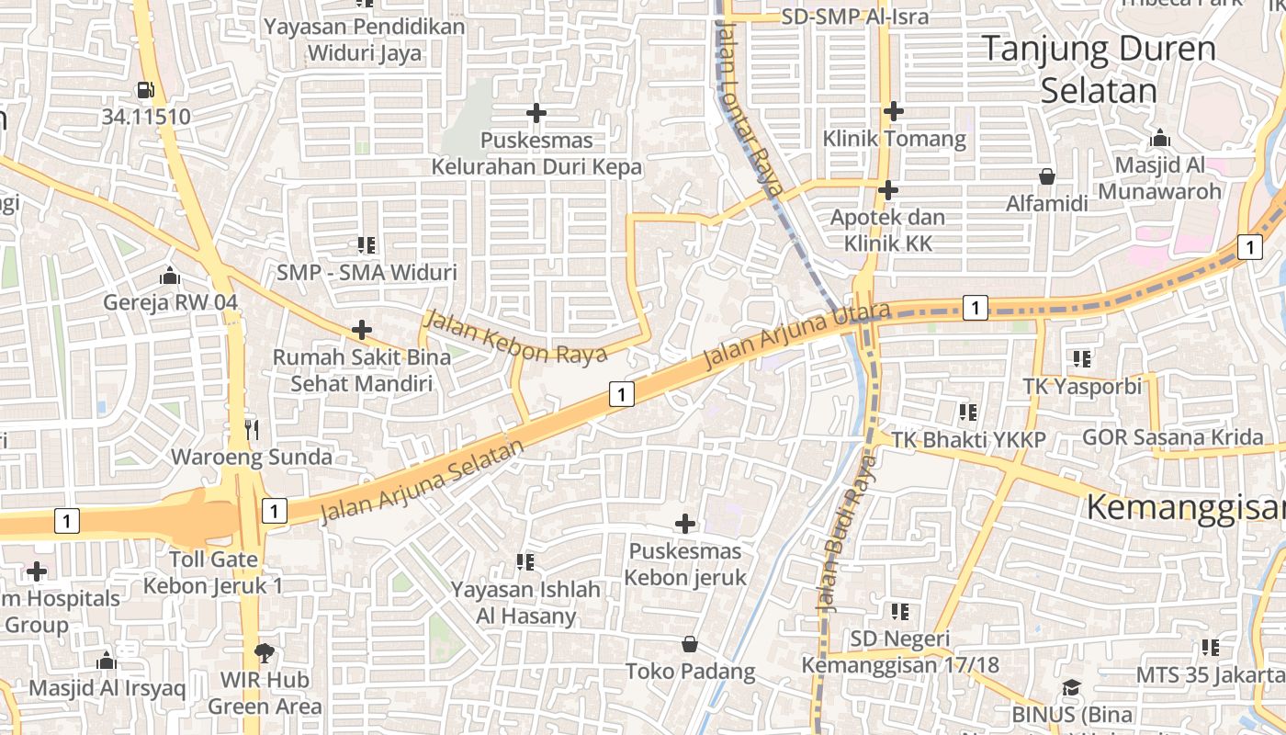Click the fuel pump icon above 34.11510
pos(145,90)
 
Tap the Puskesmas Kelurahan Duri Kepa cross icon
pos(536,114)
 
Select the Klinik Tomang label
pos(894,139)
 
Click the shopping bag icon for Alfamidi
pos(1046,176)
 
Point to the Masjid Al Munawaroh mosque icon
pos(1160,138)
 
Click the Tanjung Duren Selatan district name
pos(1099,69)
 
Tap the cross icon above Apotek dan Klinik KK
pos(887,190)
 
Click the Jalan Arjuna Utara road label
pos(796,335)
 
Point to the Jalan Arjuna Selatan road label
pos(423,481)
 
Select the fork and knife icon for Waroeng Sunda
pos(252,429)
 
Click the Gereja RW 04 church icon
pos(169,276)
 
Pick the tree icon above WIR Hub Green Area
pos(265,653)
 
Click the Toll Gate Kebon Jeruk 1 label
pos(213,572)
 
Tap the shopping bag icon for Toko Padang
pos(690,644)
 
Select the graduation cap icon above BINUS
pos(1071,687)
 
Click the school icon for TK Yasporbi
pos(1082,359)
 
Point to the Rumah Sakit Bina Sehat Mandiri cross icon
pos(362,329)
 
